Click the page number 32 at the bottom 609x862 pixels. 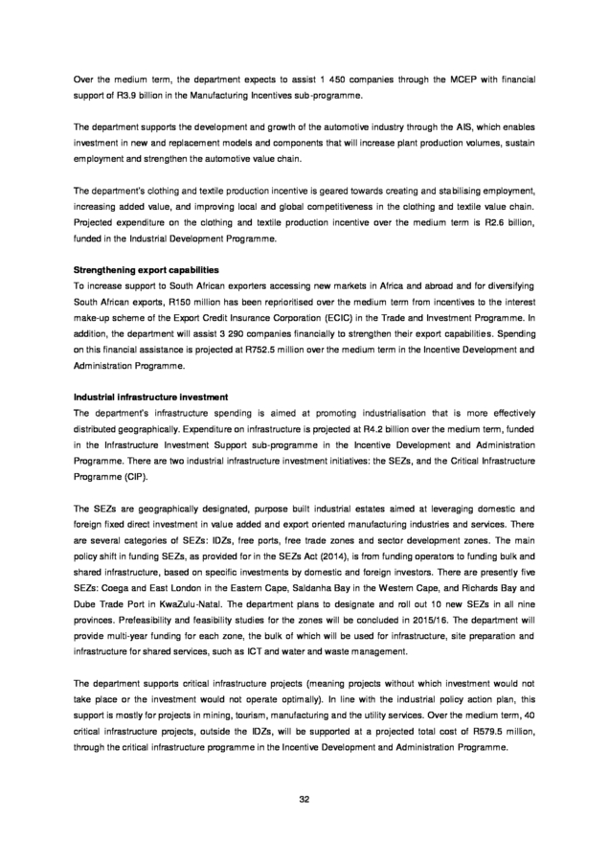[304, 799]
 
